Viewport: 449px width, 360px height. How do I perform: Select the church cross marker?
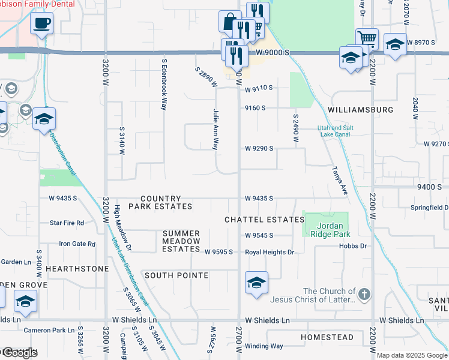click(x=364, y=294)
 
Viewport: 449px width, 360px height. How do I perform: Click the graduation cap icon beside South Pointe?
click(x=256, y=283)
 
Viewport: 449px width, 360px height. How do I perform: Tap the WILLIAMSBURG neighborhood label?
click(x=361, y=110)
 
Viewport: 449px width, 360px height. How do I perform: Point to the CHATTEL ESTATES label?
click(x=265, y=220)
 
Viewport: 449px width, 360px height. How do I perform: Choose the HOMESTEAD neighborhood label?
click(x=327, y=337)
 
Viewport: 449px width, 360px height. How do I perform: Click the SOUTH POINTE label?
click(x=176, y=275)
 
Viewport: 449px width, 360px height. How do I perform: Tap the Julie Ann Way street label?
click(x=215, y=129)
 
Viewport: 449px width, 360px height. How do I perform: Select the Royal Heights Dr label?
click(x=270, y=252)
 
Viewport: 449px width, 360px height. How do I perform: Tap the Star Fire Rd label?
click(x=67, y=223)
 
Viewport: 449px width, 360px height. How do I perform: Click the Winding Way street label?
click(x=264, y=346)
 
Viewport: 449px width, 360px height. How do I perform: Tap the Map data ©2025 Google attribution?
click(x=412, y=355)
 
